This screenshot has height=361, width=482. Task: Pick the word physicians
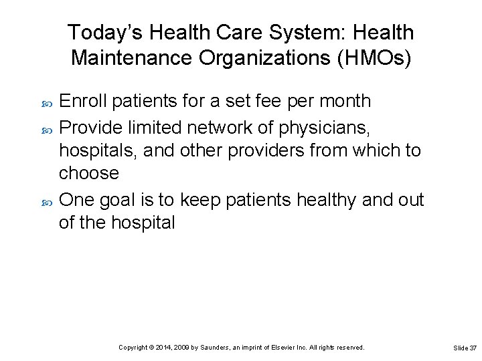(333, 127)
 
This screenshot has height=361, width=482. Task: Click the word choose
(89, 174)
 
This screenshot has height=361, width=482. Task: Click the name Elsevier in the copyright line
(291, 348)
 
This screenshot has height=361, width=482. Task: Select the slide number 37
(473, 348)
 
